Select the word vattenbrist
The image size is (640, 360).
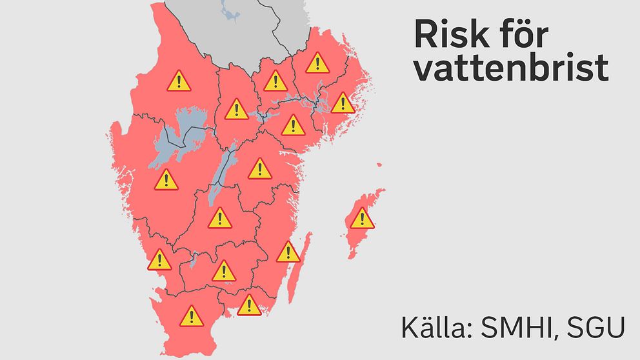pos(511,68)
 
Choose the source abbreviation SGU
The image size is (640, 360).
pos(595,328)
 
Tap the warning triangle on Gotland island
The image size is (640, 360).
pos(362,219)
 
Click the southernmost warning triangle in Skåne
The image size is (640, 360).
pos(192,316)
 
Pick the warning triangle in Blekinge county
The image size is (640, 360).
pos(248,305)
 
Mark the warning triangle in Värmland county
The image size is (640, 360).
pos(178,81)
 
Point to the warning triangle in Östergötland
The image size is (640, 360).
pos(259,169)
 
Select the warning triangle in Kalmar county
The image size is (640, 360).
pos(288,252)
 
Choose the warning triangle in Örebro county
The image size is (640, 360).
pos(237,110)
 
